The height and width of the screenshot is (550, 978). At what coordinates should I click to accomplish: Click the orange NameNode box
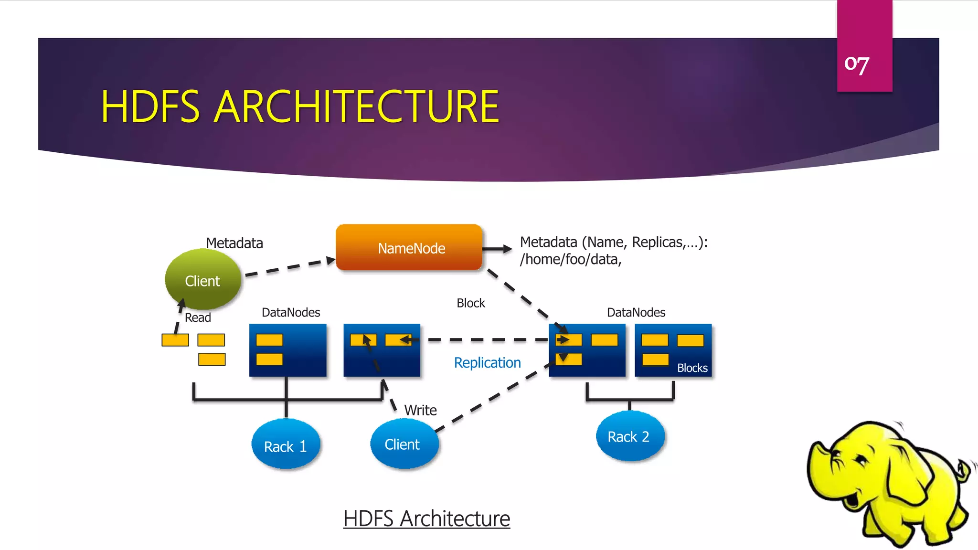click(409, 248)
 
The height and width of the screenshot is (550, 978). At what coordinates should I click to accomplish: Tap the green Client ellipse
click(202, 280)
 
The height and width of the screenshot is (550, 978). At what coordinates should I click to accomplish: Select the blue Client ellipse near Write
click(403, 444)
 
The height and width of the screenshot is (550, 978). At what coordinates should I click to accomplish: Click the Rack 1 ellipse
click(285, 445)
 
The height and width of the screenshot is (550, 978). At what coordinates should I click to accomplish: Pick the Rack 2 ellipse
click(629, 436)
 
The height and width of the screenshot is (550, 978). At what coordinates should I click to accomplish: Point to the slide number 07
click(857, 64)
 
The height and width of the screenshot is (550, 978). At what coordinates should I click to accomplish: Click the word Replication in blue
click(487, 363)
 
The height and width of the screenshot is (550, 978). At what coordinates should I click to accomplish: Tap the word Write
click(420, 410)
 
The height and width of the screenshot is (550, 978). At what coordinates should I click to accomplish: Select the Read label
click(198, 317)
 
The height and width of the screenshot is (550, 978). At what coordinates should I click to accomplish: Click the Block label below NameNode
click(470, 303)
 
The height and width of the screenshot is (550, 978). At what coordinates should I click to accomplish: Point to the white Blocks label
click(692, 368)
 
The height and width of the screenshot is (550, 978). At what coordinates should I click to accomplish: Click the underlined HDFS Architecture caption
click(426, 518)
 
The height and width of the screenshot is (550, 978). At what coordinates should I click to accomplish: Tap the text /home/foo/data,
click(571, 259)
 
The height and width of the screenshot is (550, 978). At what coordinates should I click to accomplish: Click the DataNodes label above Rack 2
click(636, 312)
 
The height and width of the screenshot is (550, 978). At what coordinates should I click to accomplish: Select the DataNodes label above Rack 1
click(291, 312)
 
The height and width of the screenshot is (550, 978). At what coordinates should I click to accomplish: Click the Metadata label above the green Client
click(234, 243)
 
